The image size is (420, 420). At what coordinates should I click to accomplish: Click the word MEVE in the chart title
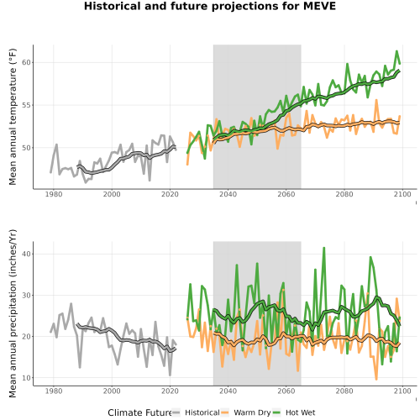click(x=319, y=6)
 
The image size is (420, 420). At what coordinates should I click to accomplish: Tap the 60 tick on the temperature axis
click(x=26, y=62)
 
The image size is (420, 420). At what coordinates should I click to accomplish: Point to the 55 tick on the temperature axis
click(x=26, y=105)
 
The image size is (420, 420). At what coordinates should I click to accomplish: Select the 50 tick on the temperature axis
click(x=26, y=148)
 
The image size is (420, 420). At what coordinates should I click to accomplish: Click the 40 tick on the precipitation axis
click(x=26, y=254)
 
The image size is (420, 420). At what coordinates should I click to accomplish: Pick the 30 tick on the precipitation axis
click(x=26, y=295)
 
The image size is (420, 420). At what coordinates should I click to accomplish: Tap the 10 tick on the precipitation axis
click(x=26, y=377)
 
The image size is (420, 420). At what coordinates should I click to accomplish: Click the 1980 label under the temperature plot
click(x=54, y=194)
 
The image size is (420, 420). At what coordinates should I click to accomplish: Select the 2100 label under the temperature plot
click(x=402, y=194)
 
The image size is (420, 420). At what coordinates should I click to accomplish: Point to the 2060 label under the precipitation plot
click(x=286, y=391)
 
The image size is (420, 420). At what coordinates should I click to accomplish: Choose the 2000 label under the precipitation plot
click(x=112, y=391)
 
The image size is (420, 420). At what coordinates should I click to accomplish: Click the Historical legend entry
click(x=202, y=412)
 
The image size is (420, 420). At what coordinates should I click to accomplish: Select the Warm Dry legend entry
click(x=252, y=412)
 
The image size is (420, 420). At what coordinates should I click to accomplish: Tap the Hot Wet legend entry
click(x=300, y=412)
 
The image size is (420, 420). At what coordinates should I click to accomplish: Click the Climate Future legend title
click(x=139, y=412)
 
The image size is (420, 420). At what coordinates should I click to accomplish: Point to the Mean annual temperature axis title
click(x=13, y=117)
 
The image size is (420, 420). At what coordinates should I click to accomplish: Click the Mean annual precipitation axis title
click(x=13, y=313)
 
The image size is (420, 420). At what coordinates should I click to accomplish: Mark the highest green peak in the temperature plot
click(x=396, y=51)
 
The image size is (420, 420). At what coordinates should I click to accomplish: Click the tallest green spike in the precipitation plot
click(x=324, y=248)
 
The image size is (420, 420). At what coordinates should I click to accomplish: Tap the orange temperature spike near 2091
click(x=376, y=100)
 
